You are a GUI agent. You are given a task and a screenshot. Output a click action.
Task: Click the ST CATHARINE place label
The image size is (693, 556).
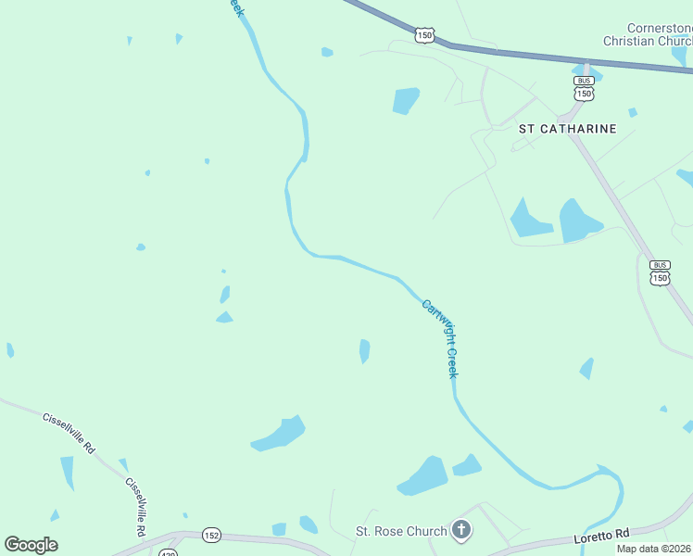click(567, 129)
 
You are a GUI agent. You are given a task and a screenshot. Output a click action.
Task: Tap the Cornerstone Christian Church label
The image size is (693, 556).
click(648, 35)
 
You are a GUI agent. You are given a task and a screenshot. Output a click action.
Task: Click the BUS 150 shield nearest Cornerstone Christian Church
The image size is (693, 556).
click(584, 88)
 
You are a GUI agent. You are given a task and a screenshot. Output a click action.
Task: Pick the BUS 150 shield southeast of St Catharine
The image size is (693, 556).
click(660, 272)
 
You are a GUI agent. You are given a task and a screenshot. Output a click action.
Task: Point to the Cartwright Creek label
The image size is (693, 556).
click(440, 337)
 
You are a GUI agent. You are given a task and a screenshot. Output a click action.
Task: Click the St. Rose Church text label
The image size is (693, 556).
click(401, 532)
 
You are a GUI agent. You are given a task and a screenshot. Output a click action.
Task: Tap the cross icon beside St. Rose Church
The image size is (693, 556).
click(461, 531)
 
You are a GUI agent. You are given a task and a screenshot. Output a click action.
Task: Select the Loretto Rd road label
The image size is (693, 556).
click(601, 534)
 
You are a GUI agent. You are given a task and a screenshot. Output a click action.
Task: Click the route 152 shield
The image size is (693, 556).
click(212, 535)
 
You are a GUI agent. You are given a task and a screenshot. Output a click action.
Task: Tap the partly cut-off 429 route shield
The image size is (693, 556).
click(168, 552)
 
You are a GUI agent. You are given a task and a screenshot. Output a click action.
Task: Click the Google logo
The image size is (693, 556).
click(31, 545)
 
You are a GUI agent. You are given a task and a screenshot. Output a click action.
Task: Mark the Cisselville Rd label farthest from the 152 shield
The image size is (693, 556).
click(69, 432)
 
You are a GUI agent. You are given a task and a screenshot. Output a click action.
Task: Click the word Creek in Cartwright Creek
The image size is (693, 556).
click(452, 361)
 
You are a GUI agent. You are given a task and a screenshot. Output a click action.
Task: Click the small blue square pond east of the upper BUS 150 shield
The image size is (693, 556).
click(633, 112)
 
